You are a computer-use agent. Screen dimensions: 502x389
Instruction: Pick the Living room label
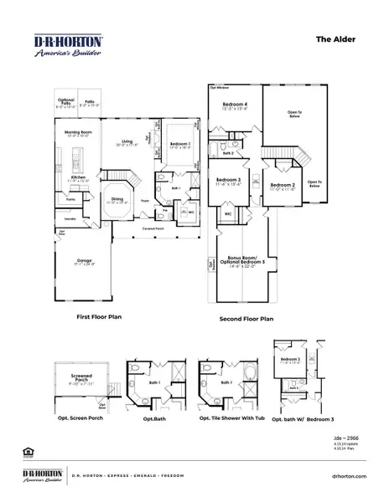coord(128,142)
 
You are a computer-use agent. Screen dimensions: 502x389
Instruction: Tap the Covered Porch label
coord(153,227)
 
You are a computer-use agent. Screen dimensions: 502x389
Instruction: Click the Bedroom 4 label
coord(234,105)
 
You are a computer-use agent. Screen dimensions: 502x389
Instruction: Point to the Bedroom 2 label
coord(282,186)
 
